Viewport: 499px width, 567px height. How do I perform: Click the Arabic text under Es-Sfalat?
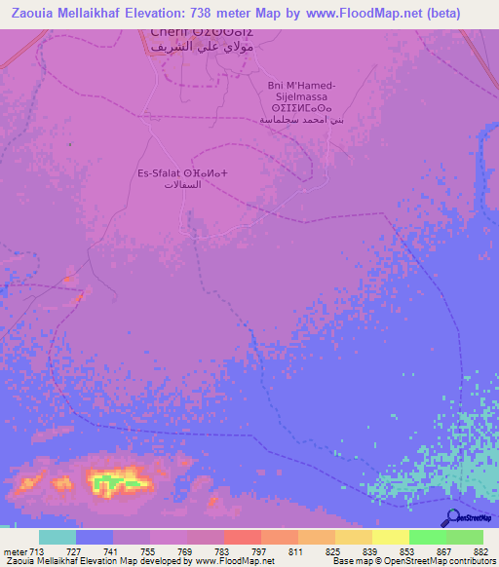pyautogui.click(x=182, y=185)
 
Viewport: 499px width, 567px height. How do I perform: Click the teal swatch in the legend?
pyautogui.click(x=58, y=537)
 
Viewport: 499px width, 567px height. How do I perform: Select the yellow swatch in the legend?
pyautogui.click(x=390, y=537)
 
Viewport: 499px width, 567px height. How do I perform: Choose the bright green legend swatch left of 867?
pyautogui.click(x=427, y=537)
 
